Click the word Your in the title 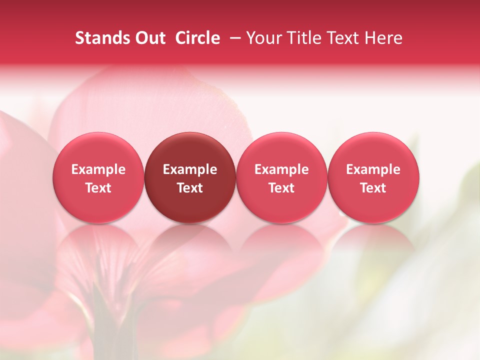click(x=264, y=38)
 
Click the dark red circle click(x=190, y=177)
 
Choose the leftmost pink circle click(x=98, y=177)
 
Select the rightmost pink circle click(x=373, y=177)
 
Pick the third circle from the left click(x=281, y=177)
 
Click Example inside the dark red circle click(x=190, y=169)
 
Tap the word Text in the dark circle click(x=190, y=188)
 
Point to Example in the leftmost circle click(x=98, y=169)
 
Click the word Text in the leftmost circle click(x=98, y=188)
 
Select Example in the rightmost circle click(x=373, y=169)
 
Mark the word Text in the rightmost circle click(x=373, y=188)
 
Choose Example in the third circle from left click(x=281, y=169)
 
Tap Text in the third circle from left click(x=281, y=188)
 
